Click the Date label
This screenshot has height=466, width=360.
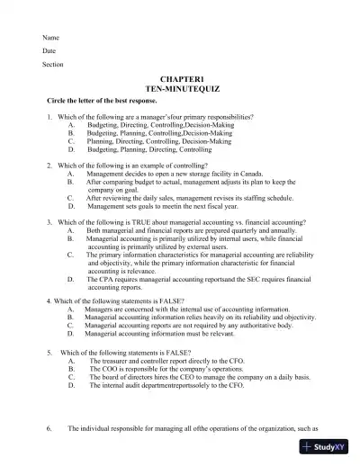(49, 51)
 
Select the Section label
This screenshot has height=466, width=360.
(53, 65)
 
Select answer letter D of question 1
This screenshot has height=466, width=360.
(70, 149)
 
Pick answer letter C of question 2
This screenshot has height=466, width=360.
(70, 198)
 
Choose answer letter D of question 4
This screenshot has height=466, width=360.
(70, 332)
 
